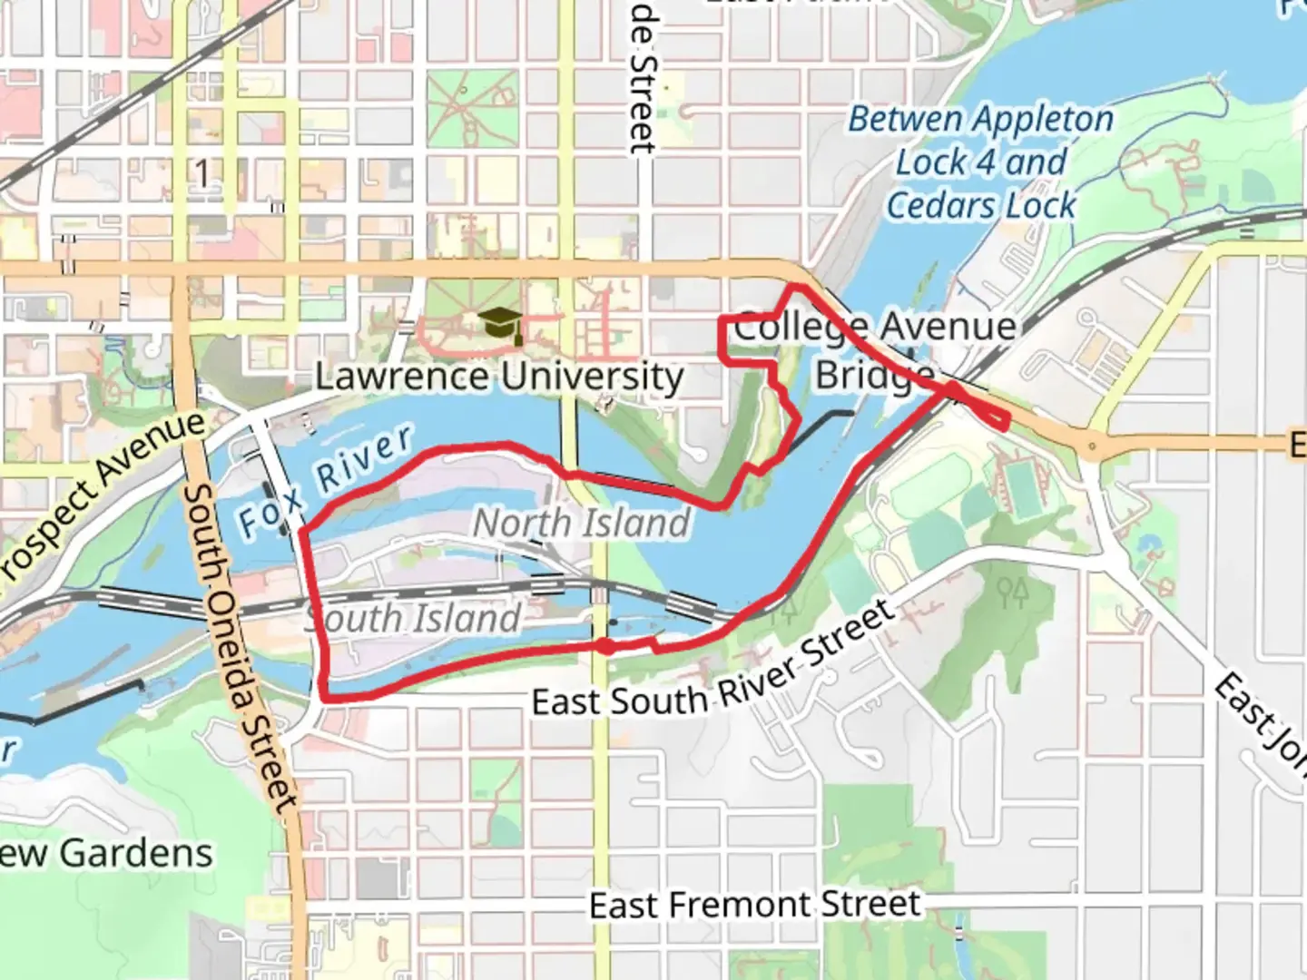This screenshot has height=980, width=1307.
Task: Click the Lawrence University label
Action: click(x=499, y=376)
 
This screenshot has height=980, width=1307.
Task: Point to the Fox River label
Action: click(x=324, y=481)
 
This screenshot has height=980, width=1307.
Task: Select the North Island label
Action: click(x=582, y=524)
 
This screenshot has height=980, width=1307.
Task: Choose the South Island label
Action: click(x=414, y=619)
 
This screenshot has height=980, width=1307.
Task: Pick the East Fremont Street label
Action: click(x=754, y=905)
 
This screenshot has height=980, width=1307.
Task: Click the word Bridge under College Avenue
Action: click(x=873, y=374)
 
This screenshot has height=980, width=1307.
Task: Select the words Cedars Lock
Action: click(x=980, y=205)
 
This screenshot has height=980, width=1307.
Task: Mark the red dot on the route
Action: click(x=604, y=646)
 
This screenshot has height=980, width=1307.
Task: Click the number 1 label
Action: click(x=203, y=171)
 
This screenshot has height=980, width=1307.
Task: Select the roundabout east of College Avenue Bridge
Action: click(x=1092, y=446)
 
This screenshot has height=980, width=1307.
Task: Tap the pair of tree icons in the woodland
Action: click(x=1012, y=593)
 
